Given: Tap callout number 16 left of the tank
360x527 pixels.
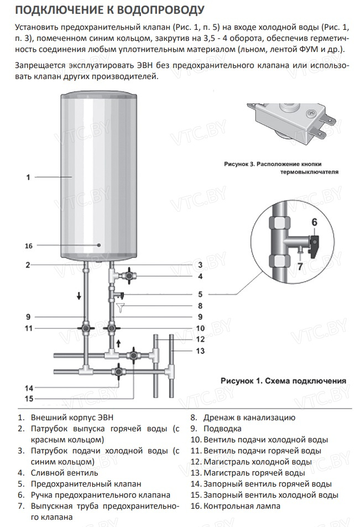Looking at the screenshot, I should coord(29,246).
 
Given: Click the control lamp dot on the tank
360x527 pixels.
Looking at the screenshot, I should coord(98,244).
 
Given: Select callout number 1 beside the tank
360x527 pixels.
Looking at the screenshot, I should coord(28,178).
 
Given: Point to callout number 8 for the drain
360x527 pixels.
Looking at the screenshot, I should coord(201,305).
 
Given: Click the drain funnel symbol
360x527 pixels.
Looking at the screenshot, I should coord(122,305).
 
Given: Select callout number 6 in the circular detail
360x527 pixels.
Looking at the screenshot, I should coord(314,222).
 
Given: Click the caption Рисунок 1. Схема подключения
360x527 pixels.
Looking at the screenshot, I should coord(283,380).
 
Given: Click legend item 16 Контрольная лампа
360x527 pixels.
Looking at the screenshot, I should coord(235,505).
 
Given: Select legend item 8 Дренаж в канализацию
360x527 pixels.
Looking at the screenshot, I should coord(243,418).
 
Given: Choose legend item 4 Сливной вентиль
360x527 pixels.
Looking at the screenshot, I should coord(58,473).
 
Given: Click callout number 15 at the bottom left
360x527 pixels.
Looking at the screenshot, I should coord(28,398).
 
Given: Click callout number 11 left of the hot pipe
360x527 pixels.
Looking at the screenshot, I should coord(28,328).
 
